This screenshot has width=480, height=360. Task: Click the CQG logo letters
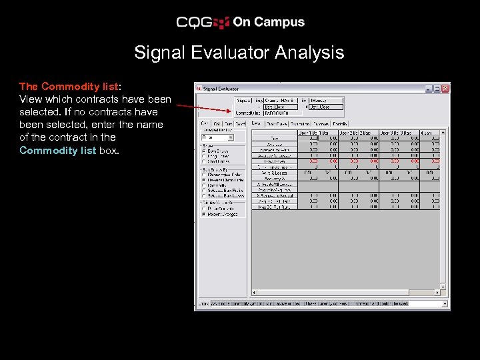[194, 23]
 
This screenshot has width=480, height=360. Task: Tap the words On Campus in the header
[268, 22]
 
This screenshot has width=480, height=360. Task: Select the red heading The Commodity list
[69, 87]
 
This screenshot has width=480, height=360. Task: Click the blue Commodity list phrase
[58, 151]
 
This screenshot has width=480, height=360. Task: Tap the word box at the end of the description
[109, 151]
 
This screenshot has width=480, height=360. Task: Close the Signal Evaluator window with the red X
[445, 88]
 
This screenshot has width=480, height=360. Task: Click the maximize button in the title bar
[437, 88]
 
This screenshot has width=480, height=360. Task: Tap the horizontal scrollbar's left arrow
[253, 292]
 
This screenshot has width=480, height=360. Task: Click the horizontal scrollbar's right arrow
[437, 292]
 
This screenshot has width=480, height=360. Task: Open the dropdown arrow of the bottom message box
[445, 303]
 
